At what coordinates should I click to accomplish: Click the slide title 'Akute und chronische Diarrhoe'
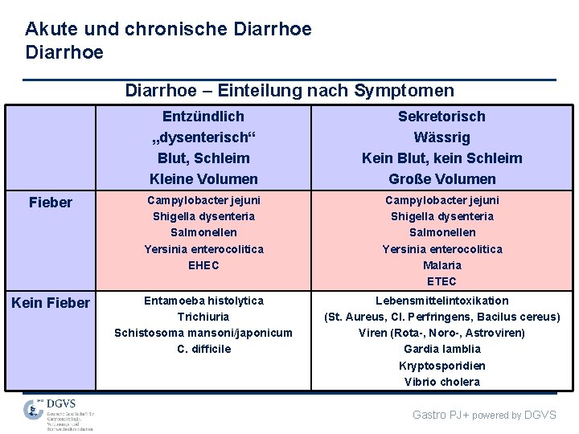coord(168,30)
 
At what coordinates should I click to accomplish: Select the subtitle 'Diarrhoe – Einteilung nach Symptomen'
coord(289,91)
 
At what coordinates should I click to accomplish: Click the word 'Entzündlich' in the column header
coord(203,117)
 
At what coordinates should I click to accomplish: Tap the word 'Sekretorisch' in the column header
coord(441,117)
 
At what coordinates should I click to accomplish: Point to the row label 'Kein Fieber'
coord(50,303)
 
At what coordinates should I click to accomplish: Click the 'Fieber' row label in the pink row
coord(50,203)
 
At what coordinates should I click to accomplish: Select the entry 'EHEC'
coord(203,264)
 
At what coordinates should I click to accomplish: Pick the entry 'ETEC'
coord(441,281)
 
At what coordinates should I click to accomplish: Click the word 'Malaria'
coord(441,264)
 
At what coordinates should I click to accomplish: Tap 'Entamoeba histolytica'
coord(203,301)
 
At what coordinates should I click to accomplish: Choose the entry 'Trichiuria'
coord(203,317)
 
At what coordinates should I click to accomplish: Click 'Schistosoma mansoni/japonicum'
coord(203,333)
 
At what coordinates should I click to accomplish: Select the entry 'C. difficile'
coord(203,349)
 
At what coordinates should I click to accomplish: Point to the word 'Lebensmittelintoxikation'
coord(441,301)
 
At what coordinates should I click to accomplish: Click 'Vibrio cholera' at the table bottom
coord(441,382)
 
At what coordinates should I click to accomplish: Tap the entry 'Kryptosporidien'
coord(441,366)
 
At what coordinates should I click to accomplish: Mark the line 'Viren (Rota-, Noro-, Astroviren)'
coord(441,333)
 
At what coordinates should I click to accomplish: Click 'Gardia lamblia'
coord(441,349)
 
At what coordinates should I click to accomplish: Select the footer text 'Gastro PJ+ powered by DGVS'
coord(484,415)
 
